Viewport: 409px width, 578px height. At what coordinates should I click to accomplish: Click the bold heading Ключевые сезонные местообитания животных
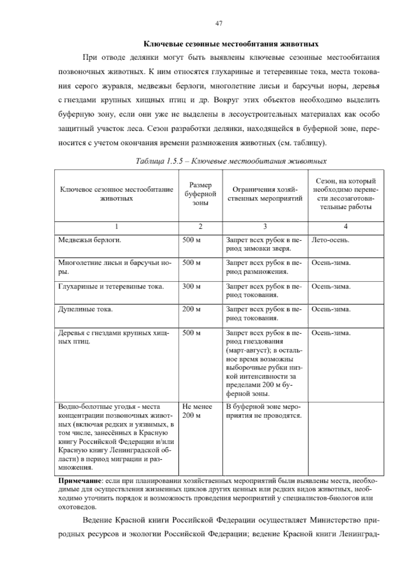[x=231, y=44]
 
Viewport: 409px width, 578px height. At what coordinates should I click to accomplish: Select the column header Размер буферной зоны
[x=200, y=194]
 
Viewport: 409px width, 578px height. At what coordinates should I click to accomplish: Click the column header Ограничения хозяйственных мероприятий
[x=265, y=194]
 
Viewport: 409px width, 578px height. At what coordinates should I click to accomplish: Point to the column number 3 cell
[x=265, y=226]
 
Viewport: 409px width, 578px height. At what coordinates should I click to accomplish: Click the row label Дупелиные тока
[x=86, y=309]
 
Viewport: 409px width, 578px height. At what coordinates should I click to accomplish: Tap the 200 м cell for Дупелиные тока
[x=192, y=309]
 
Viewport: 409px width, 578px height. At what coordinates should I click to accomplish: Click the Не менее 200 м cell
[x=197, y=411]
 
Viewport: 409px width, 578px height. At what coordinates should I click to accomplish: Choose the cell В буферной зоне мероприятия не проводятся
[x=263, y=411]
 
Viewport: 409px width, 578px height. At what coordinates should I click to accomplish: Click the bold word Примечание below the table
[x=80, y=481]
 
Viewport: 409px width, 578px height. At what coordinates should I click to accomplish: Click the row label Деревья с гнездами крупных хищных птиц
[x=114, y=337]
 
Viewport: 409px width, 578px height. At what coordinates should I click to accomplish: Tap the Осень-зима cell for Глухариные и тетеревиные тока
[x=331, y=286]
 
